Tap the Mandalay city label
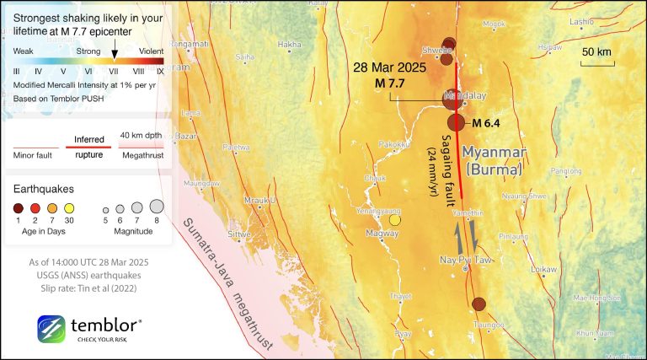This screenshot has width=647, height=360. pyautogui.click(x=466, y=96)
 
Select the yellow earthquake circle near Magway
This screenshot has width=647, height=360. pyautogui.click(x=394, y=221)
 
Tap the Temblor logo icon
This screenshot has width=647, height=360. pyautogui.click(x=51, y=329)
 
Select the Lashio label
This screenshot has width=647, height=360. pyautogui.click(x=581, y=21)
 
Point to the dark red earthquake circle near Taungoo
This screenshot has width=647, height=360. pyautogui.click(x=479, y=304)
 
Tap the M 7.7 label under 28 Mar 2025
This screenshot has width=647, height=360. pyautogui.click(x=390, y=83)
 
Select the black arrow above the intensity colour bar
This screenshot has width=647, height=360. pyautogui.click(x=115, y=51)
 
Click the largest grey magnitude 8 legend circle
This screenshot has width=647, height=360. pyautogui.click(x=157, y=206)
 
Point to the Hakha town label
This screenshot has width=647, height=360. pyautogui.click(x=289, y=44)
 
